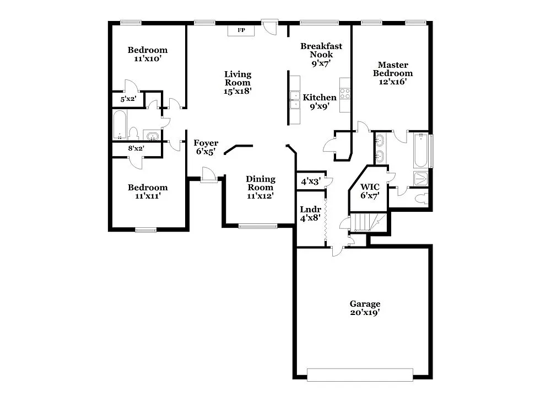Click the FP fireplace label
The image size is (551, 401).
tap(241, 30)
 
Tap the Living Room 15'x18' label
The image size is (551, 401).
tap(237, 83)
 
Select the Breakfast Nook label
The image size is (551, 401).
tap(321, 54)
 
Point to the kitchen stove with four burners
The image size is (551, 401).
tap(345, 93)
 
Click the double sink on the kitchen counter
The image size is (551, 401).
tap(294, 100)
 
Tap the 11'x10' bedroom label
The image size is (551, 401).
tap(147, 54)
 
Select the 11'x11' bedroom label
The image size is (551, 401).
tap(147, 191)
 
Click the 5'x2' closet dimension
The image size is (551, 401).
tap(128, 99)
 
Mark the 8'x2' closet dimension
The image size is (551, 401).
tap(136, 148)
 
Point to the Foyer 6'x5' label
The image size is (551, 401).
tap(206, 147)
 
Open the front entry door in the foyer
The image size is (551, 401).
tap(209, 177)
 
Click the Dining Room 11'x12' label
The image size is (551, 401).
tap(260, 187)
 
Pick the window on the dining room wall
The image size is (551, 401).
tap(257, 226)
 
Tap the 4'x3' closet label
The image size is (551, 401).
tap(310, 181)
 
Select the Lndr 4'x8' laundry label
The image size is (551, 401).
tap(310, 213)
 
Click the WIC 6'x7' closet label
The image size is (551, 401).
tap(370, 191)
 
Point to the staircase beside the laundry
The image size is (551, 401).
tap(365, 222)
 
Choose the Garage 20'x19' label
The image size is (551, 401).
tap(365, 308)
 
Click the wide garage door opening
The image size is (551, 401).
tap(360, 375)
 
